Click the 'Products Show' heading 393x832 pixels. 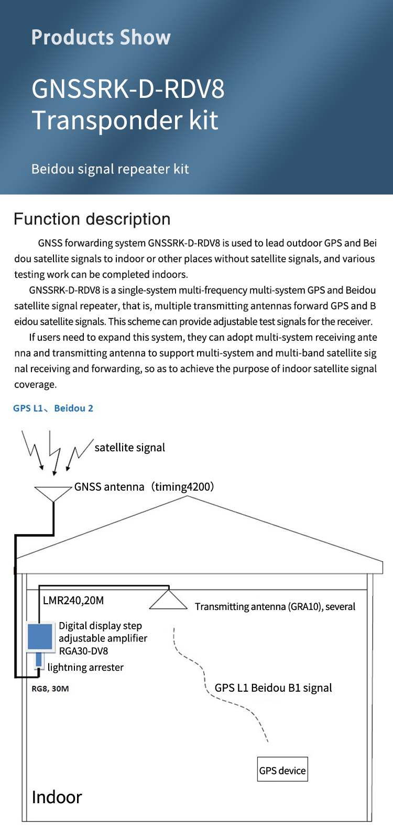pos(101,38)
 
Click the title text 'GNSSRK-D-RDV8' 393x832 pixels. pos(128,88)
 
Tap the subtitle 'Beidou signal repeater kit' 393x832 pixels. pos(110,169)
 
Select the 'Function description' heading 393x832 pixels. pos(92,219)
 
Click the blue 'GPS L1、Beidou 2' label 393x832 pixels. pos(53,408)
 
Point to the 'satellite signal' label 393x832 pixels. pos(129,448)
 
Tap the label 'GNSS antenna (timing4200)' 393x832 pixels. pos(144,487)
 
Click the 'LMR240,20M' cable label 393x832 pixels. pos(73,601)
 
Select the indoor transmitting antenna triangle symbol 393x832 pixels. pos(168,600)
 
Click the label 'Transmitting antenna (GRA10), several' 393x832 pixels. pos(275,607)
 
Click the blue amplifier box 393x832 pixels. pos(40,637)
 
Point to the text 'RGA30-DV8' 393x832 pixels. pos(84,651)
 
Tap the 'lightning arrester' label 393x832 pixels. pos(85,668)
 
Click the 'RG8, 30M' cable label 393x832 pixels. pos(50,689)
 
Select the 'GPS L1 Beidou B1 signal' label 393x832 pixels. pos(273,688)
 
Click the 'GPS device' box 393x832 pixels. pos(282,770)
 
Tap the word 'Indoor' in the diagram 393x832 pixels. pos(57,797)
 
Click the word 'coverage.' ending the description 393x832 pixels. pos(35,384)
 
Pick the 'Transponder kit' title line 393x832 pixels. pos(125,120)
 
